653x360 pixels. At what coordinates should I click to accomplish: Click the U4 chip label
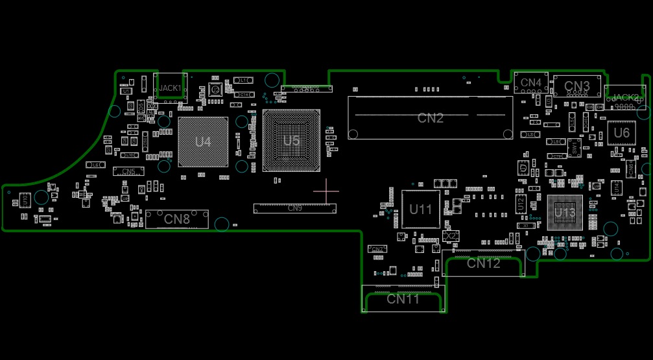click(x=203, y=141)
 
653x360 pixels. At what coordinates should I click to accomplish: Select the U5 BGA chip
click(x=292, y=141)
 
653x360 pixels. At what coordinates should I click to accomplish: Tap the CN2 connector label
click(x=430, y=118)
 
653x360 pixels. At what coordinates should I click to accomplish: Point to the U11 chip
click(x=420, y=209)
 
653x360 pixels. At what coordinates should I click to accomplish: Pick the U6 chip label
click(x=621, y=132)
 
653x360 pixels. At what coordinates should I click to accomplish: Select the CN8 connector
click(x=176, y=219)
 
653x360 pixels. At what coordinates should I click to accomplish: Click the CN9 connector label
click(x=295, y=208)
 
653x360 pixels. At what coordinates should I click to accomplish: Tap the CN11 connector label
click(x=403, y=299)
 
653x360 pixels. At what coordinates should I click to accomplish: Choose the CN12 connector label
click(x=483, y=263)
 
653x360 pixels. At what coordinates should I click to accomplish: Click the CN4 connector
click(x=530, y=83)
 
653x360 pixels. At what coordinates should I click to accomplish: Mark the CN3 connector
click(x=576, y=86)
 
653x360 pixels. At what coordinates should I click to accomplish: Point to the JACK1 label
click(x=171, y=88)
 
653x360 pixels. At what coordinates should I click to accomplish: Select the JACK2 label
click(x=626, y=97)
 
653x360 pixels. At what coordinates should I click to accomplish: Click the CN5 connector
click(x=128, y=171)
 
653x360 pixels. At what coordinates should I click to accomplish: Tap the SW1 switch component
click(x=574, y=147)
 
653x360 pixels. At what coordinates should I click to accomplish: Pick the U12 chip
click(x=521, y=204)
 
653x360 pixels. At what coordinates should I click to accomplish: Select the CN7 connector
click(x=376, y=249)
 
